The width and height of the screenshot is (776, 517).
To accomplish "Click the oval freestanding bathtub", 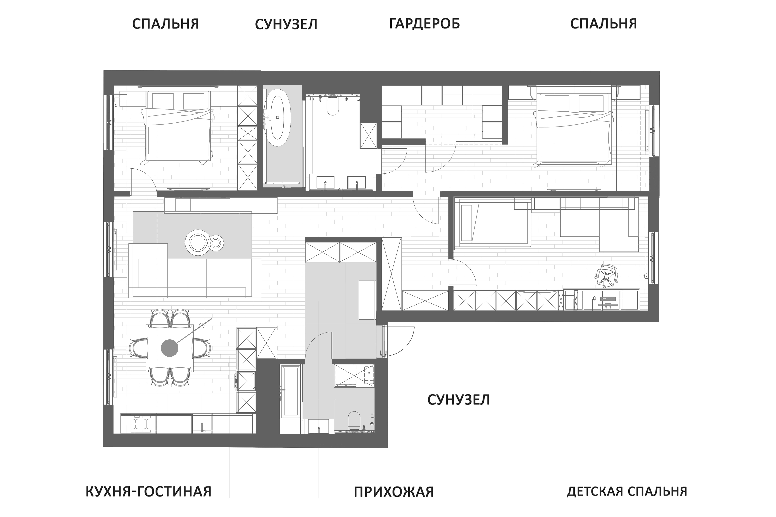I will click(x=279, y=121).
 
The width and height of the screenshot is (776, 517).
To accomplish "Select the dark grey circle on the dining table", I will click(x=169, y=348).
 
